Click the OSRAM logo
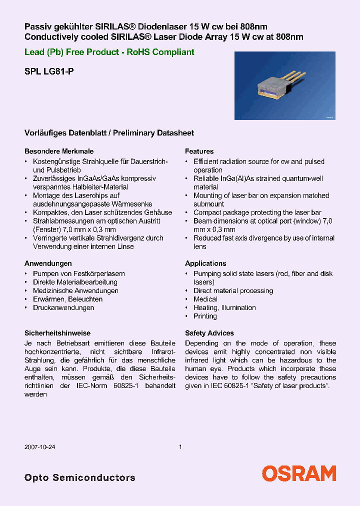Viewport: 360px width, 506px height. click(x=299, y=473)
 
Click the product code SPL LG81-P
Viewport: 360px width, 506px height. click(x=49, y=71)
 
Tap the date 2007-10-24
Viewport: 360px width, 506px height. click(x=39, y=447)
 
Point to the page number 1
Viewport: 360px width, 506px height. click(x=180, y=447)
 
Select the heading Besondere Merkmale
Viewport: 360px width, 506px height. click(x=59, y=151)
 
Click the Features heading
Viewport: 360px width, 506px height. click(x=199, y=151)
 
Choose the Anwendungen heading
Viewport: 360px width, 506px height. click(x=48, y=263)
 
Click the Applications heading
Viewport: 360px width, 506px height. click(x=205, y=263)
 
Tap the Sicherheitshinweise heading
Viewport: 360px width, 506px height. click(x=57, y=333)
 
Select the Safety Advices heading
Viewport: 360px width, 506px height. click(x=209, y=333)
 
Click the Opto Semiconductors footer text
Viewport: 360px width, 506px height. click(x=80, y=477)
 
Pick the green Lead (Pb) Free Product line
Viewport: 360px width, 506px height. click(x=109, y=52)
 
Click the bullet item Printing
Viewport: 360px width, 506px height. click(x=205, y=316)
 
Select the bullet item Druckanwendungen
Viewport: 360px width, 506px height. click(x=63, y=307)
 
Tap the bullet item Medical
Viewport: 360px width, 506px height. click(x=205, y=299)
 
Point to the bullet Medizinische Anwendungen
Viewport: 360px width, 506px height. click(x=75, y=290)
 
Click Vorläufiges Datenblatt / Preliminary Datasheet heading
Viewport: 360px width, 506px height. click(x=109, y=133)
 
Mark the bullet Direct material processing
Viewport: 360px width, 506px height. click(x=233, y=290)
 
